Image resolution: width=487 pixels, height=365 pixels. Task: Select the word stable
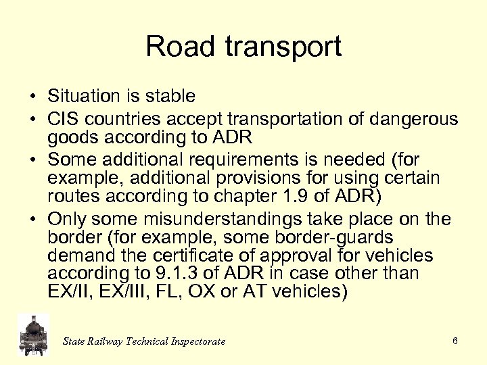tap(172, 97)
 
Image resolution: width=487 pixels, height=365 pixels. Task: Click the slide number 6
tap(455, 341)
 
